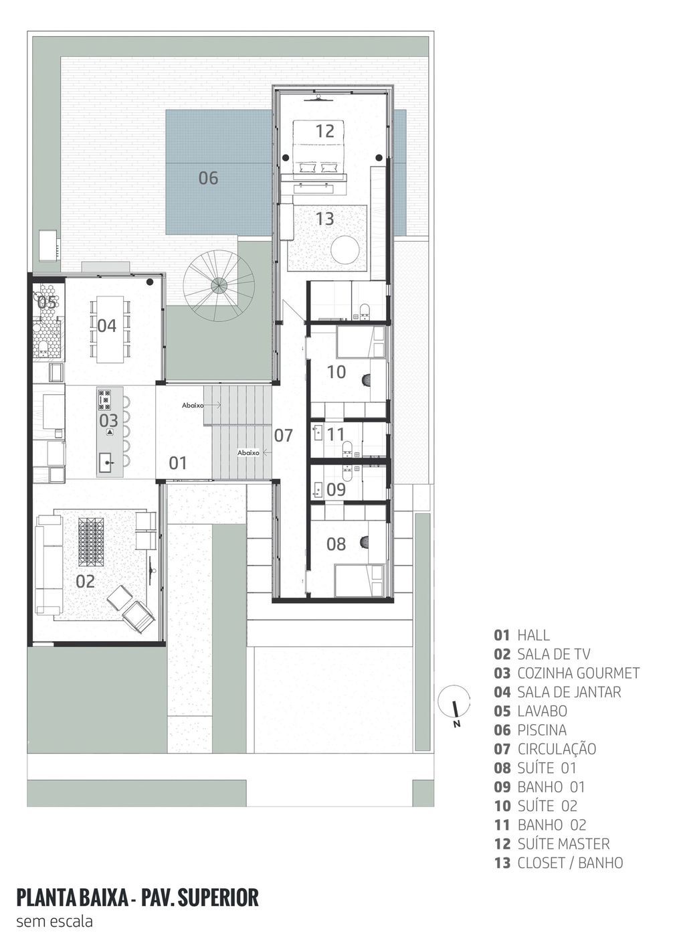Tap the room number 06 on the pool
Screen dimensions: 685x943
(x=208, y=178)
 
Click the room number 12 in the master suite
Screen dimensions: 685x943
(x=325, y=131)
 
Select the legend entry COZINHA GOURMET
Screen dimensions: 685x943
(x=567, y=673)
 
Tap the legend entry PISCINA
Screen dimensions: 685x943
(x=530, y=730)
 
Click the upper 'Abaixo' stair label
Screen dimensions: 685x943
(x=193, y=406)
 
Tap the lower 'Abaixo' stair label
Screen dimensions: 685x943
(x=248, y=452)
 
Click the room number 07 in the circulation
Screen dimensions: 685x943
(x=283, y=436)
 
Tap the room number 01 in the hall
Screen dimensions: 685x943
(x=177, y=463)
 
